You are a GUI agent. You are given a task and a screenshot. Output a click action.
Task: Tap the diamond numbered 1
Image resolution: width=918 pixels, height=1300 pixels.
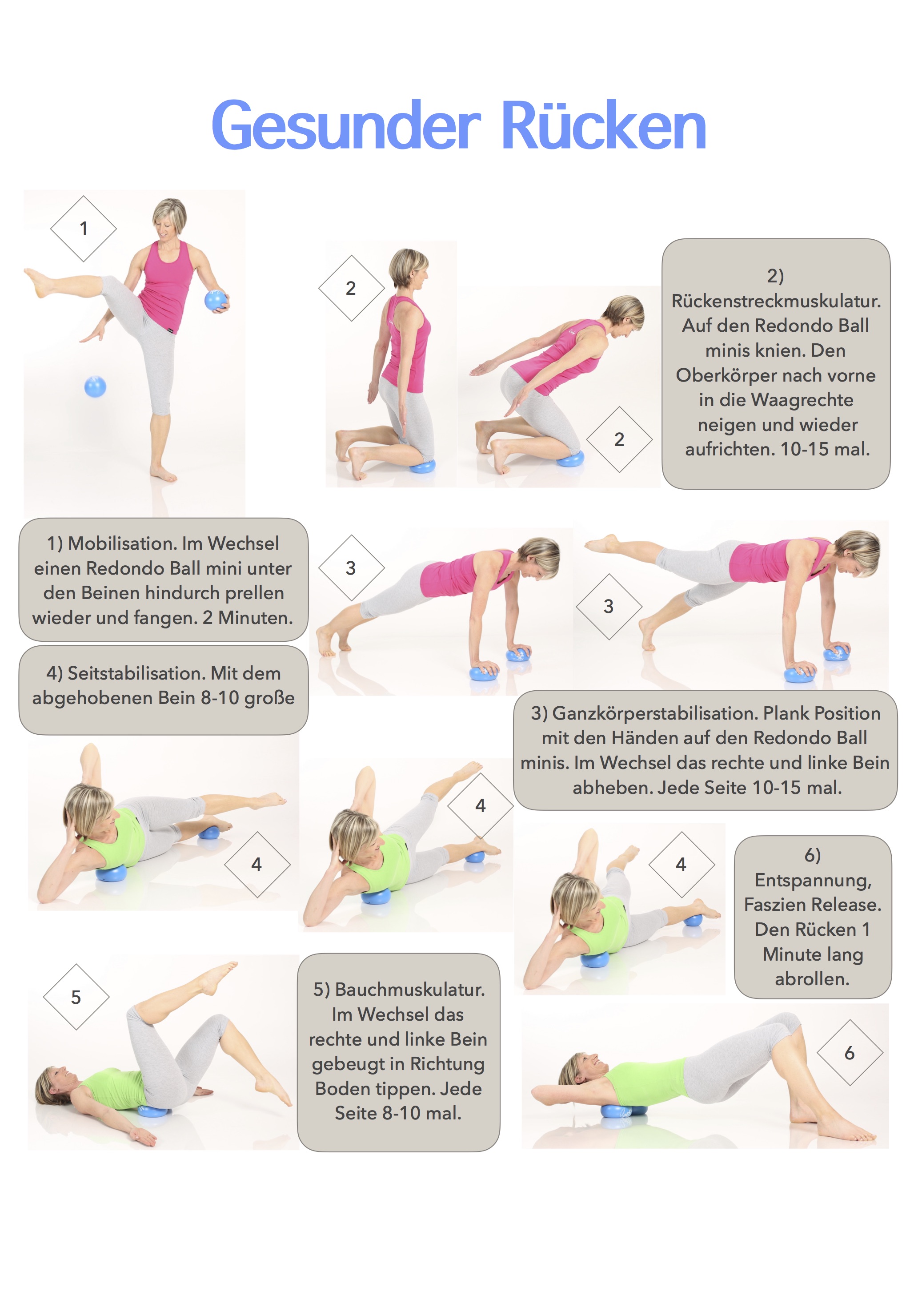(x=83, y=229)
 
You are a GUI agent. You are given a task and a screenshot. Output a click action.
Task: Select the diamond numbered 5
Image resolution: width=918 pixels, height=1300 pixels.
(x=76, y=997)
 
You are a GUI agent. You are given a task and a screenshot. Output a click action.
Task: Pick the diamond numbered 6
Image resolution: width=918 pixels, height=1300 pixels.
(x=850, y=1053)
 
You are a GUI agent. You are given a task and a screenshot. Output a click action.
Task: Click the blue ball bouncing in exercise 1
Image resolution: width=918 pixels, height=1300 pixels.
(x=95, y=387)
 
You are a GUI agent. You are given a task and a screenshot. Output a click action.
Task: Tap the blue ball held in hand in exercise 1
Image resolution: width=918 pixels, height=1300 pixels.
(x=216, y=301)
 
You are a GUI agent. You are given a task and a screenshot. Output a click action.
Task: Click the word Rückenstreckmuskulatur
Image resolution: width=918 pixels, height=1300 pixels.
(x=776, y=301)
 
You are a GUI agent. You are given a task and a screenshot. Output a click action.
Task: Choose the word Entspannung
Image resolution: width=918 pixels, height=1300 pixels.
(x=813, y=881)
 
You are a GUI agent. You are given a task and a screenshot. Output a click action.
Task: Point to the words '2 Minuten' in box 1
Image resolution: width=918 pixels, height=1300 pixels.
(x=247, y=618)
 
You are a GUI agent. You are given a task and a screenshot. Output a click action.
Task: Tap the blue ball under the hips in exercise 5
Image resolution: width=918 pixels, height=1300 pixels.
(x=153, y=1111)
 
